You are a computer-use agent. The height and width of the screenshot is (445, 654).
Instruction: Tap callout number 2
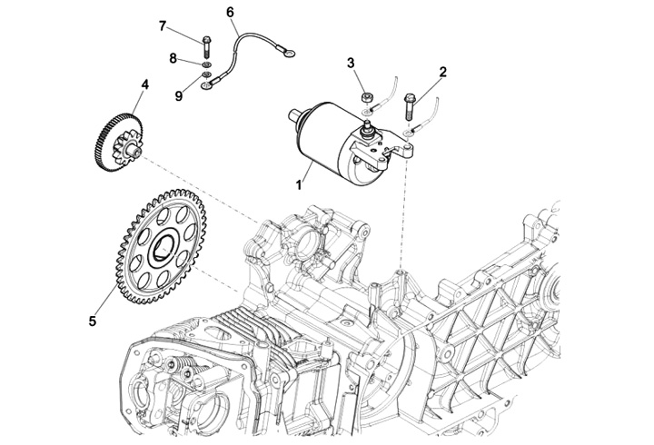click(443, 70)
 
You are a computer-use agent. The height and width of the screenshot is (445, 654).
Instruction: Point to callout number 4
click(144, 88)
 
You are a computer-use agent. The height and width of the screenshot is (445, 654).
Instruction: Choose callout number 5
click(92, 320)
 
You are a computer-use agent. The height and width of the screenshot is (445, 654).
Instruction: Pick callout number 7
click(163, 25)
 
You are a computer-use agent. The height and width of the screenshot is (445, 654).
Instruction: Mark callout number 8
click(173, 58)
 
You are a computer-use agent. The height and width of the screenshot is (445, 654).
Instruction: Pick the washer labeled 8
click(207, 65)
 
